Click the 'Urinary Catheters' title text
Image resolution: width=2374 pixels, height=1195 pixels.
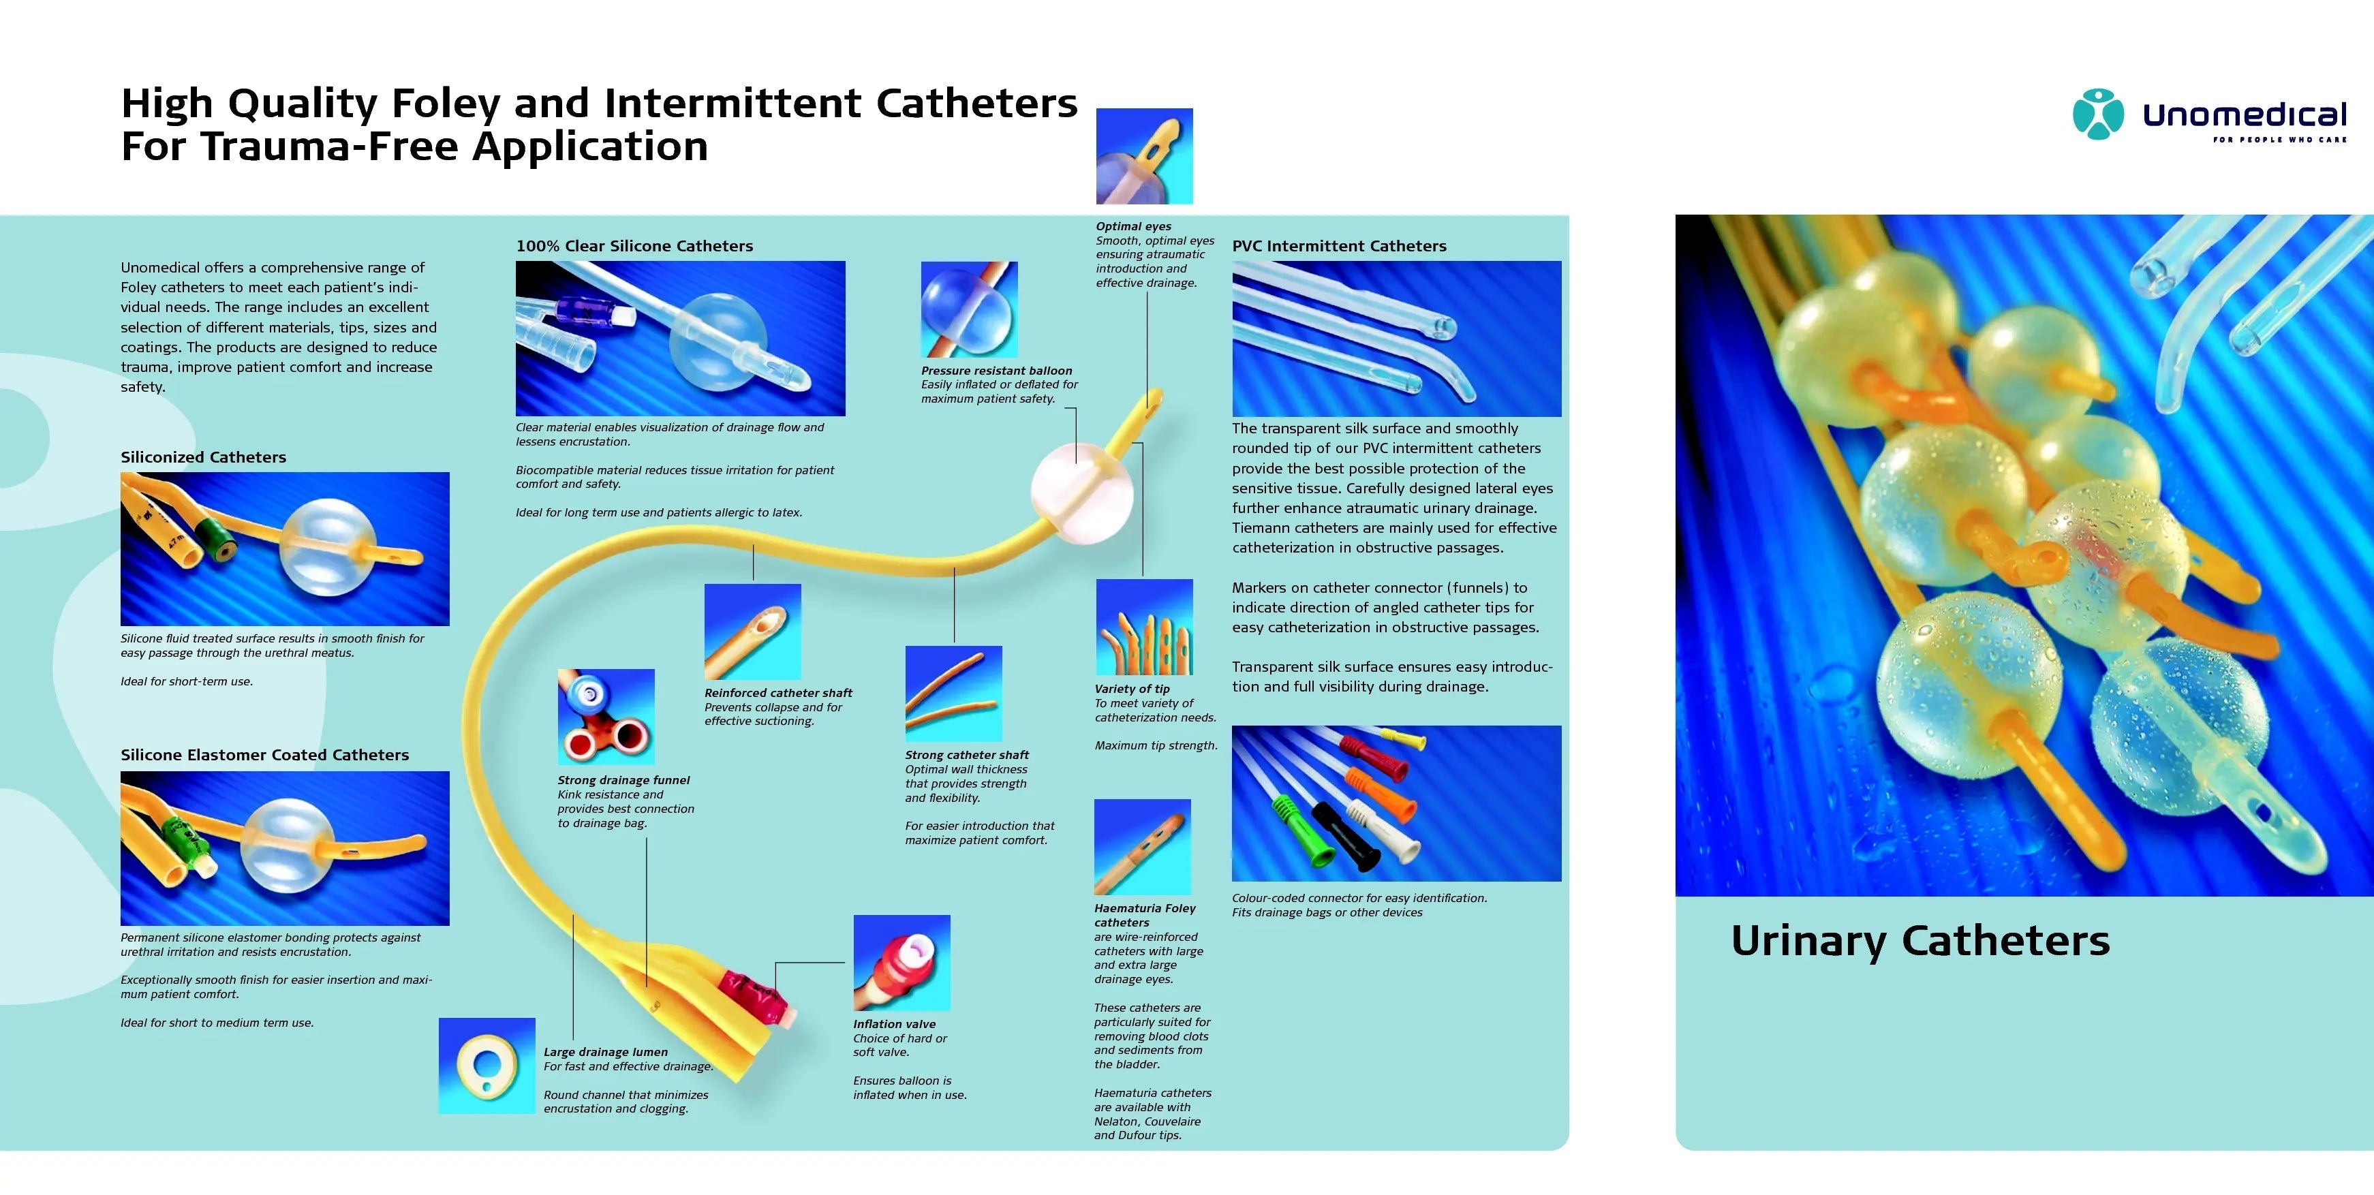[1920, 941]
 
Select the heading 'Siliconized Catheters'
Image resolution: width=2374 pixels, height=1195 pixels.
[203, 457]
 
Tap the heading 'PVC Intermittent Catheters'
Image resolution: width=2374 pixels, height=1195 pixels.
[1338, 246]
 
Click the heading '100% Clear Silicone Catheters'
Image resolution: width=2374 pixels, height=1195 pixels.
[634, 246]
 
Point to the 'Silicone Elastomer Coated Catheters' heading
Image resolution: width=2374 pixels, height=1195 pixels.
[264, 755]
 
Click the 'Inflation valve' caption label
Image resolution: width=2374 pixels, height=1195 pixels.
[894, 1023]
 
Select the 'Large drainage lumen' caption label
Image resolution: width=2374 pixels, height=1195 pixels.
[606, 1051]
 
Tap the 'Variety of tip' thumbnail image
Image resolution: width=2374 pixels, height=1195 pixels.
[1143, 627]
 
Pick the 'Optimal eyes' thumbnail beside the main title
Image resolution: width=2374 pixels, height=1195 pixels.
[1143, 156]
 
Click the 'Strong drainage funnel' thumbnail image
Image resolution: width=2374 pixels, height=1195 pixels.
[606, 717]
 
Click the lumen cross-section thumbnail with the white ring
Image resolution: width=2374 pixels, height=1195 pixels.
[487, 1066]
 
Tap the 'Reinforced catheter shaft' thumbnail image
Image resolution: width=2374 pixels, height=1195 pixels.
[752, 632]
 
